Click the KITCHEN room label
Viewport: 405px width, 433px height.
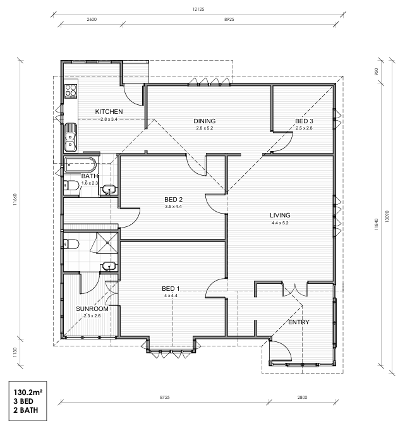[x=109, y=111]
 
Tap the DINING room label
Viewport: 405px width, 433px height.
[x=204, y=121]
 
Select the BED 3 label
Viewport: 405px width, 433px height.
[x=304, y=121]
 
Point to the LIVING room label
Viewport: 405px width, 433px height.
[x=280, y=215]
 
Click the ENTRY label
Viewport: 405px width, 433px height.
[x=299, y=322]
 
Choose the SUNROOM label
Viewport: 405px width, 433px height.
[x=92, y=308]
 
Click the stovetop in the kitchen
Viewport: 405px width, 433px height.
[x=71, y=91]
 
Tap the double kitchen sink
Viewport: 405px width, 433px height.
[x=71, y=138]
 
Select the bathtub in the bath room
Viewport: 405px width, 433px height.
[x=80, y=165]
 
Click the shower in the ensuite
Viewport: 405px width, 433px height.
[x=107, y=243]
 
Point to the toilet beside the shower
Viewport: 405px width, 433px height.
[x=71, y=244]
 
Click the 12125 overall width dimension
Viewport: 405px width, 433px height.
[x=198, y=9]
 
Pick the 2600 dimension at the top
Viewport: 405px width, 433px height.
[x=92, y=20]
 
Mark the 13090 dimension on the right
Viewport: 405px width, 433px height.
[x=387, y=216]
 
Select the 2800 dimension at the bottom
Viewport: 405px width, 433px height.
[x=302, y=398]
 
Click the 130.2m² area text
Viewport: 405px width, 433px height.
[x=28, y=393]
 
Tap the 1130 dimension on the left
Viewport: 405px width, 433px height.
[x=15, y=352]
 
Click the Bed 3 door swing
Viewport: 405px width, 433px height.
[x=283, y=142]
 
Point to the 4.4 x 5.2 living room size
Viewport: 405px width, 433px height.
[x=280, y=223]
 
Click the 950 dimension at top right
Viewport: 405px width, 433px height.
[x=376, y=71]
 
